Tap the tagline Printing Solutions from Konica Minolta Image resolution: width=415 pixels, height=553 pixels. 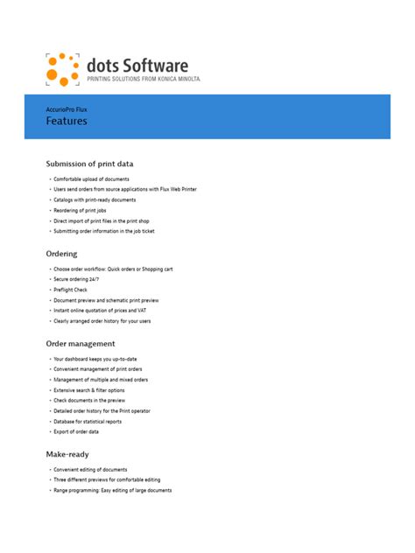(x=144, y=79)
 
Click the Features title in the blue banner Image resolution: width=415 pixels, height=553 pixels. (x=67, y=122)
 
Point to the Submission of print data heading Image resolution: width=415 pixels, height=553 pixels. (x=89, y=164)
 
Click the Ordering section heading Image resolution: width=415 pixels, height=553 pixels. (x=61, y=254)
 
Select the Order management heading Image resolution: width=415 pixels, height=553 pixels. (x=80, y=344)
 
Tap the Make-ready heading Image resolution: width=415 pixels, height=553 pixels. (x=68, y=454)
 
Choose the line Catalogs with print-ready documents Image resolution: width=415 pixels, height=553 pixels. (x=95, y=200)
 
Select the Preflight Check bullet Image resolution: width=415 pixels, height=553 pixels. (x=71, y=290)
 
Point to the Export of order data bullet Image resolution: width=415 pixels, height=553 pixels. (x=76, y=432)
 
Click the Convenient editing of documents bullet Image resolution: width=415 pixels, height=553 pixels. (x=90, y=470)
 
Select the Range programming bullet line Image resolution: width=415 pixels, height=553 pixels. (x=112, y=491)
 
